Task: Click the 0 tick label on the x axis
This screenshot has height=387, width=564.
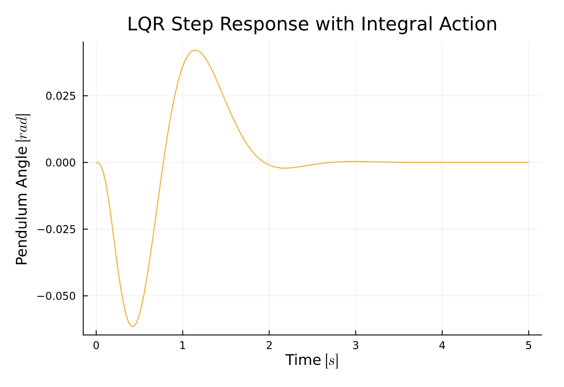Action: pyautogui.click(x=96, y=346)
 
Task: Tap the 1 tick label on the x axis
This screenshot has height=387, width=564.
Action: pyautogui.click(x=182, y=346)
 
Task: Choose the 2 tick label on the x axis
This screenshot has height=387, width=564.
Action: pyautogui.click(x=269, y=346)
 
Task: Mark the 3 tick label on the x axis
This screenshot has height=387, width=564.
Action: pyautogui.click(x=355, y=346)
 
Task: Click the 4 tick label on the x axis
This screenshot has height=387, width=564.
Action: pyautogui.click(x=442, y=346)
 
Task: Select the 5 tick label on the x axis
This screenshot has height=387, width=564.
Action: pyautogui.click(x=528, y=346)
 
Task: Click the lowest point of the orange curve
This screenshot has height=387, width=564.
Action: pyautogui.click(x=132, y=327)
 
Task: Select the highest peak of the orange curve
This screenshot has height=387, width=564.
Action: pyautogui.click(x=195, y=50)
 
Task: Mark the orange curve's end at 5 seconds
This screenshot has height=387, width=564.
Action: pyautogui.click(x=528, y=162)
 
